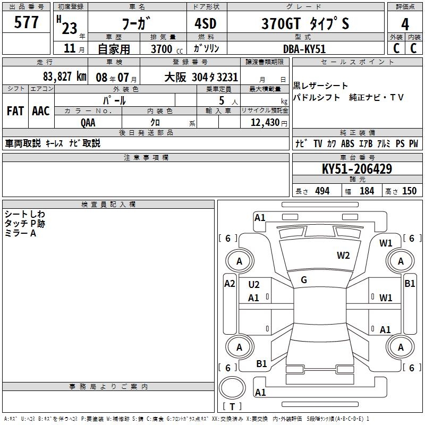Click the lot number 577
click(26, 22)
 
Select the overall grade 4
click(405, 24)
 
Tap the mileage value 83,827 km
click(64, 76)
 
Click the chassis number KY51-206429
click(356, 169)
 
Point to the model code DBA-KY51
click(304, 49)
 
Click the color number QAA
click(88, 123)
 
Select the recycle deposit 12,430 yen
click(269, 123)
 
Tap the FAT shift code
click(15, 111)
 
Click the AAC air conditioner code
click(41, 111)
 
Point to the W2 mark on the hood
click(343, 256)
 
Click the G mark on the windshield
click(304, 280)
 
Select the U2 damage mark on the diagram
click(254, 284)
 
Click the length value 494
click(322, 191)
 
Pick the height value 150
click(409, 191)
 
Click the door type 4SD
click(206, 23)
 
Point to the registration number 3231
click(227, 77)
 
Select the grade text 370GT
click(281, 23)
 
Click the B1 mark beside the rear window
click(261, 363)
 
